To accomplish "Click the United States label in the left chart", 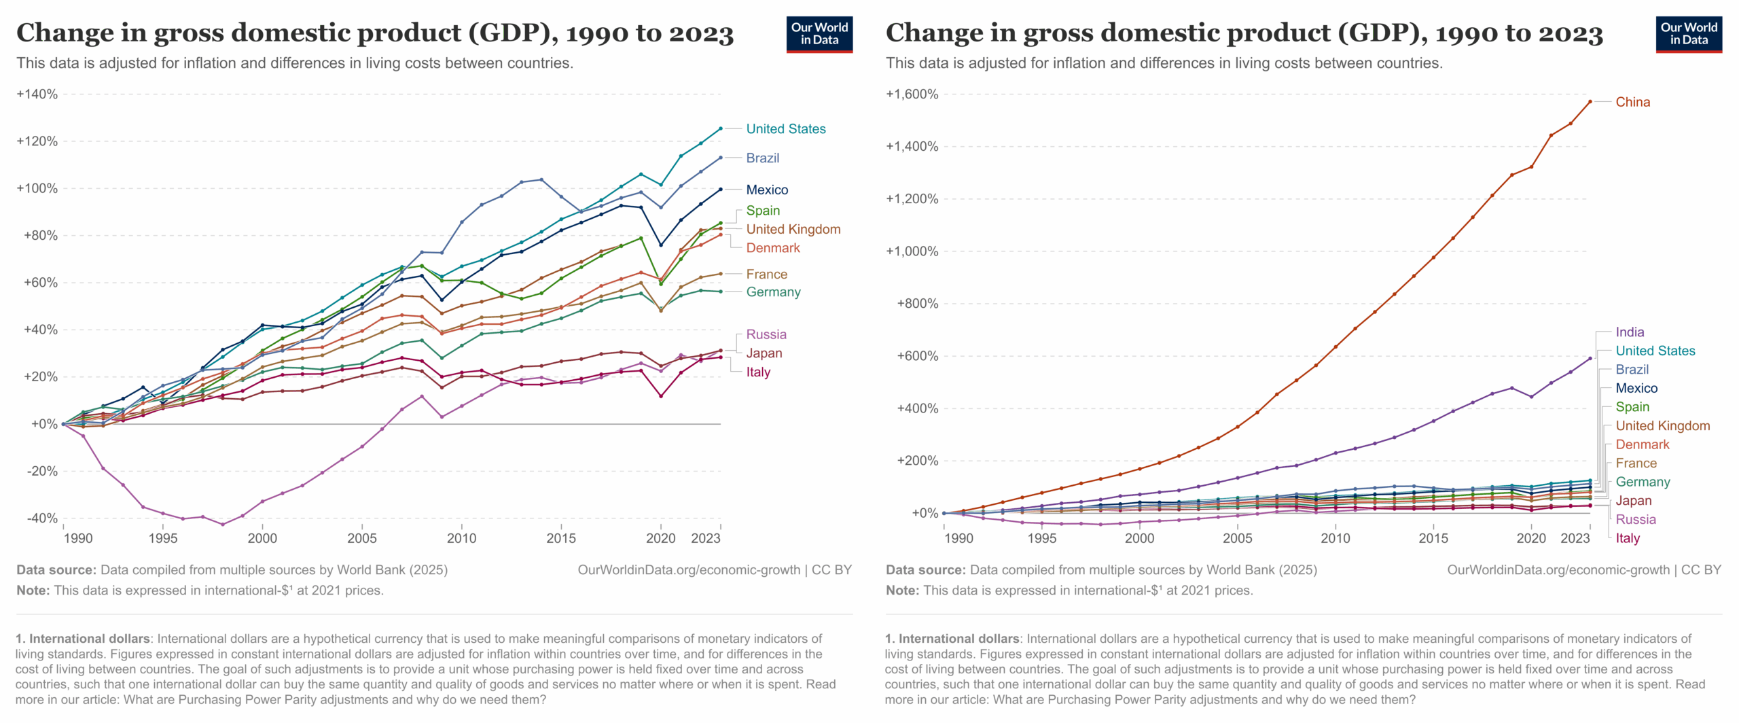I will (785, 129).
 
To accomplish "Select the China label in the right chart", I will (1632, 102).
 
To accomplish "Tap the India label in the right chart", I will (1629, 332).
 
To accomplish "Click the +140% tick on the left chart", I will (37, 94).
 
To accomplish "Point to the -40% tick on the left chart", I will (42, 518).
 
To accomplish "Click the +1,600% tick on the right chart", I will (912, 94).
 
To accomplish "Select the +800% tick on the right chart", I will (917, 304).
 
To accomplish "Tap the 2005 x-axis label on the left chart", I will (361, 539).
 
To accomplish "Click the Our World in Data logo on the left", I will (819, 34).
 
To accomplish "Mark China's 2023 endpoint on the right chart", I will (1590, 102).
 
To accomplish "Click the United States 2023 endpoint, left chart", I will (720, 128).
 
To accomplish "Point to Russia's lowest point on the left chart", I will (222, 524).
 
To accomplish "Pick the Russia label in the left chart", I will (766, 334).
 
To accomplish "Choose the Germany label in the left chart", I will (773, 292).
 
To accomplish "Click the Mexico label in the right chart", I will (1636, 389).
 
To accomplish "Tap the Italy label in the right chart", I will (1627, 538).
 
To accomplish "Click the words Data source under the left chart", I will (56, 570).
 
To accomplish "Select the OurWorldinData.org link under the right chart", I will (1558, 570).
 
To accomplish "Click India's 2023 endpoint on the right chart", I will (1590, 359).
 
